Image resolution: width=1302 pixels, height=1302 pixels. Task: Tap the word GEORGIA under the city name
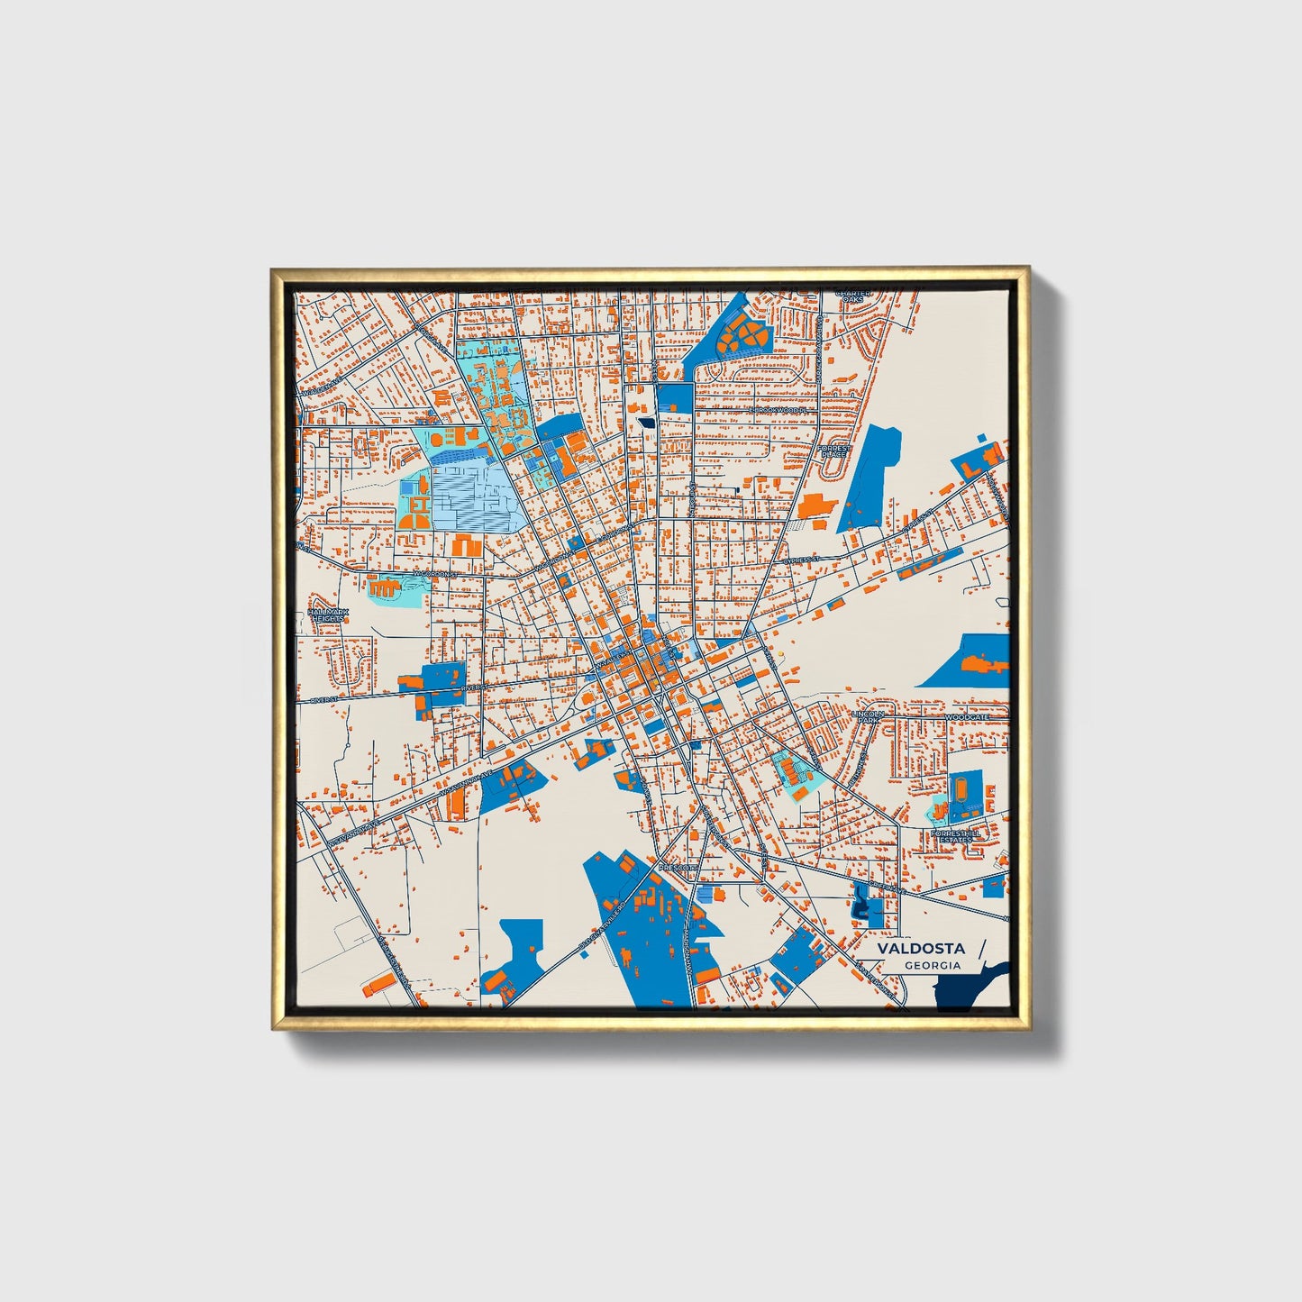pyautogui.click(x=933, y=965)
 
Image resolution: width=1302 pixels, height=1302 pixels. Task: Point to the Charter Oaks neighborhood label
pyautogui.click(x=852, y=296)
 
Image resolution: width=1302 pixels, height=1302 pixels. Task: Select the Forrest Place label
pyautogui.click(x=834, y=451)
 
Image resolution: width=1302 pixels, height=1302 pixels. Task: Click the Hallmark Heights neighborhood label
pyautogui.click(x=327, y=615)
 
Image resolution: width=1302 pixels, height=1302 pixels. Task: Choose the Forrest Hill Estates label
pyautogui.click(x=956, y=837)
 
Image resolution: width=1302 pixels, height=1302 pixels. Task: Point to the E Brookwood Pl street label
pyautogui.click(x=781, y=409)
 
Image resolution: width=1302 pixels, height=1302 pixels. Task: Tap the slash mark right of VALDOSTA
pyautogui.click(x=980, y=951)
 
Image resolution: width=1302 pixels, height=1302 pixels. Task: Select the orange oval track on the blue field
pyautogui.click(x=961, y=788)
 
